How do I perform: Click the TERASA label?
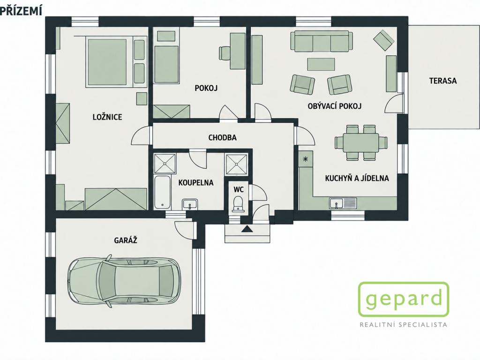point(442,81)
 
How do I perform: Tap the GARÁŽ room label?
point(126,240)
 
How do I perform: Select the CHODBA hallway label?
point(222,138)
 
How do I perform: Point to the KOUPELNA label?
point(196,183)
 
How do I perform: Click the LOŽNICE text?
point(107,117)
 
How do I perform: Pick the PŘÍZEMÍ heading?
point(20,10)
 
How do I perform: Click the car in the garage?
point(123,279)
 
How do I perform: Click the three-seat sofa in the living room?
point(322,41)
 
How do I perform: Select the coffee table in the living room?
point(321,64)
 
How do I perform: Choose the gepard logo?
point(404,299)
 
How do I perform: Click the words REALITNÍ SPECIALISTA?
point(404,324)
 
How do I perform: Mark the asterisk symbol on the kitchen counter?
point(305,159)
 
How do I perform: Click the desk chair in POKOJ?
point(225,53)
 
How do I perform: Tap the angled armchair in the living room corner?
point(383,40)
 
